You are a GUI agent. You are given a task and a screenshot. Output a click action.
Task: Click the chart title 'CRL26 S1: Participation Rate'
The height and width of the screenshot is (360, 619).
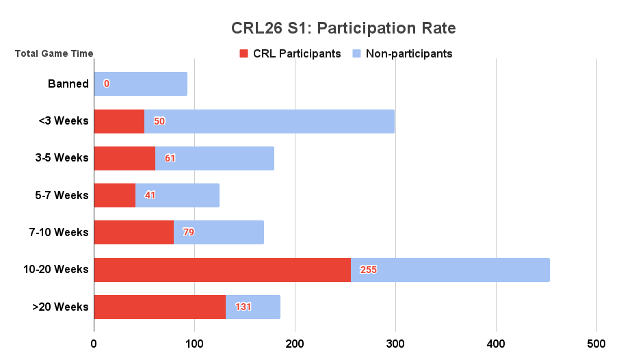pyautogui.click(x=343, y=28)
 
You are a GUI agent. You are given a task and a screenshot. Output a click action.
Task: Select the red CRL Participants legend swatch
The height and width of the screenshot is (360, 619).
pyautogui.click(x=243, y=53)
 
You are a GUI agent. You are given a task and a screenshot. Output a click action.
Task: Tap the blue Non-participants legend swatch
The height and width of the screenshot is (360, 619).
pyautogui.click(x=356, y=53)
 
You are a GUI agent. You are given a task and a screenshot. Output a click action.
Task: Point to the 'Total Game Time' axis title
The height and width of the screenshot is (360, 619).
pyautogui.click(x=54, y=53)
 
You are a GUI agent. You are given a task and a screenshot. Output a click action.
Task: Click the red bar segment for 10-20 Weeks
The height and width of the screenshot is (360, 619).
pyautogui.click(x=222, y=270)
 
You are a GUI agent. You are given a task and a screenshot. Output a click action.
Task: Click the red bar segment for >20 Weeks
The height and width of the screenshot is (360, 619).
pyautogui.click(x=159, y=307)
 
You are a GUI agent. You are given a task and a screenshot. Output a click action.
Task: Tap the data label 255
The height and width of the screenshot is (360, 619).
pyautogui.click(x=368, y=270)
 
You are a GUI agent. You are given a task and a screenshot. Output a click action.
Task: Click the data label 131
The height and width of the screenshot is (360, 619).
pyautogui.click(x=243, y=307)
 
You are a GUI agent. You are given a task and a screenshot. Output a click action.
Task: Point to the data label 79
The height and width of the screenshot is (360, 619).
pyautogui.click(x=188, y=232)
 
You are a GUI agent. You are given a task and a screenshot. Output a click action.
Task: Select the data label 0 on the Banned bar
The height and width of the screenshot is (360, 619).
pyautogui.click(x=107, y=84)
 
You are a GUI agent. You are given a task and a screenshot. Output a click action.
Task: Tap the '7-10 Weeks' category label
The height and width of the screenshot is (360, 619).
pyautogui.click(x=60, y=232)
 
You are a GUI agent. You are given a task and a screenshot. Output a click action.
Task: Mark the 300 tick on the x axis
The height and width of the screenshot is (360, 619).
pyautogui.click(x=395, y=342)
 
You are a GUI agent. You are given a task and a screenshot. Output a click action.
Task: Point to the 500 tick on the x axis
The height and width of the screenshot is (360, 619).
pyautogui.click(x=596, y=342)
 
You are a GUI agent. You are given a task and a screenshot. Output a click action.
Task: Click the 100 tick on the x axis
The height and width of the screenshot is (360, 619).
pyautogui.click(x=194, y=342)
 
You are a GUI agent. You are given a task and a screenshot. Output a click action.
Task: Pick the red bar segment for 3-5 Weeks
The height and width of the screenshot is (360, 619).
pyautogui.click(x=124, y=158)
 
